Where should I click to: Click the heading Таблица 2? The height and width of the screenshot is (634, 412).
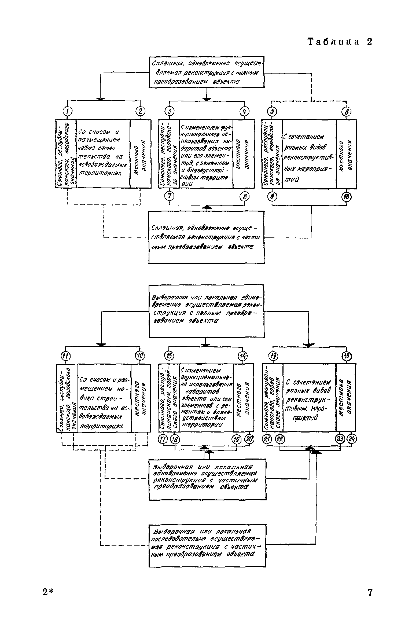point(340,42)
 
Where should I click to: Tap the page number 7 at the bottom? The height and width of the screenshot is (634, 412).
point(370,592)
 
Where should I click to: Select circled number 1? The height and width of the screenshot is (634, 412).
point(67,111)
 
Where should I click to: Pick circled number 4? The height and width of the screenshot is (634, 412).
point(244,111)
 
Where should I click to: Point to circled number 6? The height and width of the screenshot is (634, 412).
point(347,111)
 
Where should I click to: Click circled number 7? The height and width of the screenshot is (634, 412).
point(169,196)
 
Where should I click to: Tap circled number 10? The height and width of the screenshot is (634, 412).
point(347,197)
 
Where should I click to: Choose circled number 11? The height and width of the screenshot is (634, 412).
point(66,356)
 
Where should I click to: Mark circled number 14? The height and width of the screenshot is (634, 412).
point(242,356)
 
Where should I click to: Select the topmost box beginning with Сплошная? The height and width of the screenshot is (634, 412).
point(206,72)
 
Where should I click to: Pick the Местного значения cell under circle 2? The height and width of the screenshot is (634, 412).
point(141,154)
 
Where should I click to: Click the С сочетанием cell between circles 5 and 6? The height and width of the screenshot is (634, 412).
point(309,154)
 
